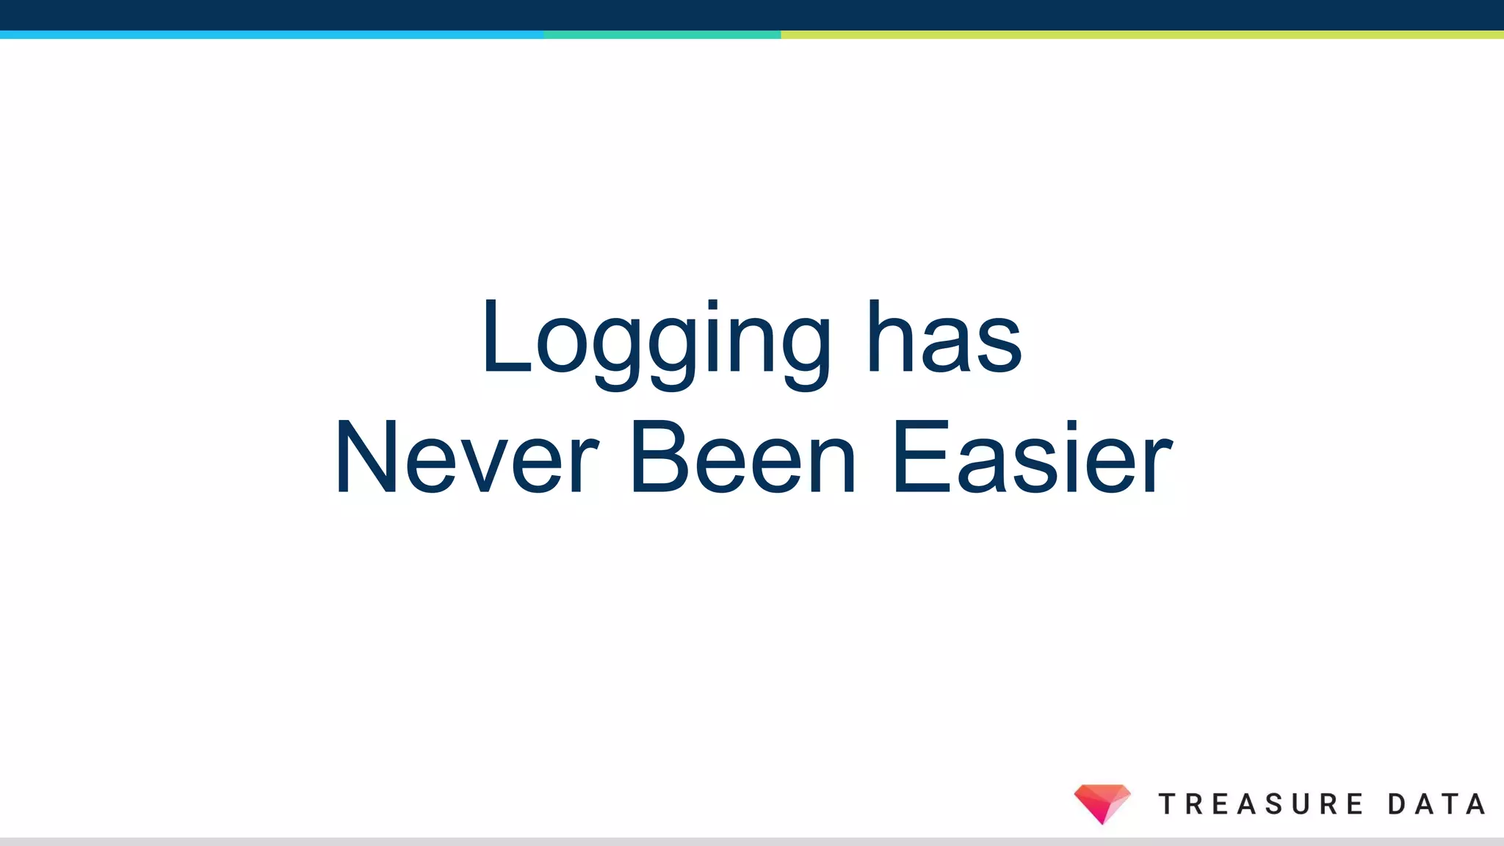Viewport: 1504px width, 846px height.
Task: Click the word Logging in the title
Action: (656, 341)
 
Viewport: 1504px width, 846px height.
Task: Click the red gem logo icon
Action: (1102, 803)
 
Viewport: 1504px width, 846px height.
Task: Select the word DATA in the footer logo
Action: (1436, 804)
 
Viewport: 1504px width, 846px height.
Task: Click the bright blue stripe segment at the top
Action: (272, 35)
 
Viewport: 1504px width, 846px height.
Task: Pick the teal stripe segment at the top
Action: (662, 35)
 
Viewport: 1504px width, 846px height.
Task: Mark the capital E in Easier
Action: (919, 457)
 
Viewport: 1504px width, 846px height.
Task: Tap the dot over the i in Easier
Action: (1071, 425)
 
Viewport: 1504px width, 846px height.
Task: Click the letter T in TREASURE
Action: (1168, 804)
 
